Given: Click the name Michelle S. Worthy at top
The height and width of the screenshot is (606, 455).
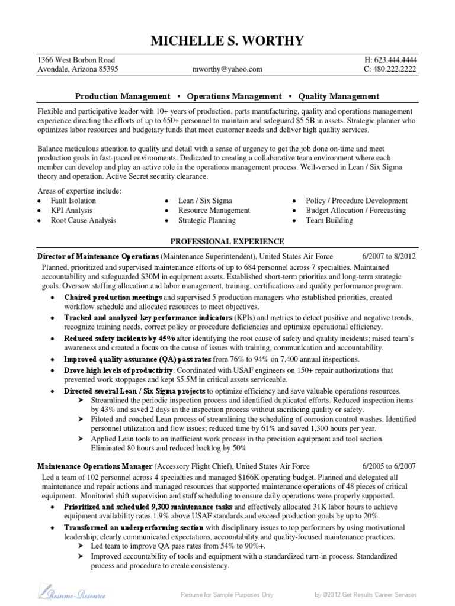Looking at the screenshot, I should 227,40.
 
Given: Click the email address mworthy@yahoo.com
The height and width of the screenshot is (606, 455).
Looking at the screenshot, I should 227,69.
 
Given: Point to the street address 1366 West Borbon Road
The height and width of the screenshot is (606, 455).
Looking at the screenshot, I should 76,60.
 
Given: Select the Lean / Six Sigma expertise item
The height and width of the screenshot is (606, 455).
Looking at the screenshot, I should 206,201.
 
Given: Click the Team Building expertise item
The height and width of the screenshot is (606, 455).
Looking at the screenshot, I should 329,220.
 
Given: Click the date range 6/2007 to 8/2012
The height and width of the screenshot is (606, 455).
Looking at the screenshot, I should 389,256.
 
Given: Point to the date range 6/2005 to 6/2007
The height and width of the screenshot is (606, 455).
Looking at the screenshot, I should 389,466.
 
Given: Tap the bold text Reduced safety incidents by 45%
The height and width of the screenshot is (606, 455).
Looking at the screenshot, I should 120,338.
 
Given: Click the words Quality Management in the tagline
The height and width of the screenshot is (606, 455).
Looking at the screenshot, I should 339,96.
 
